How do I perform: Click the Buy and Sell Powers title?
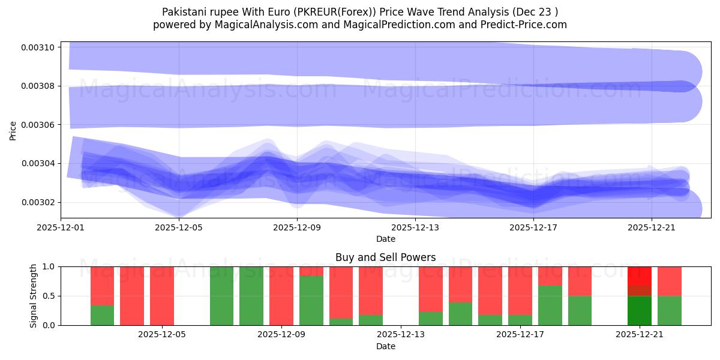pos(385,257)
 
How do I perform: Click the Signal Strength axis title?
pos(34,296)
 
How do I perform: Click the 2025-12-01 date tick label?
pos(62,227)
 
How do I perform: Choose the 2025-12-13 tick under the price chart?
pos(416,227)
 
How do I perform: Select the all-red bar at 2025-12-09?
pos(281,296)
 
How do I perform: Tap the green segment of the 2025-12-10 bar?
pos(311,301)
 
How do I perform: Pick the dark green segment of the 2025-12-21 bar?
pos(640,311)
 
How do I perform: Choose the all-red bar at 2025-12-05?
pos(162,296)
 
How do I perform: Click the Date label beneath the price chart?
pos(385,239)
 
